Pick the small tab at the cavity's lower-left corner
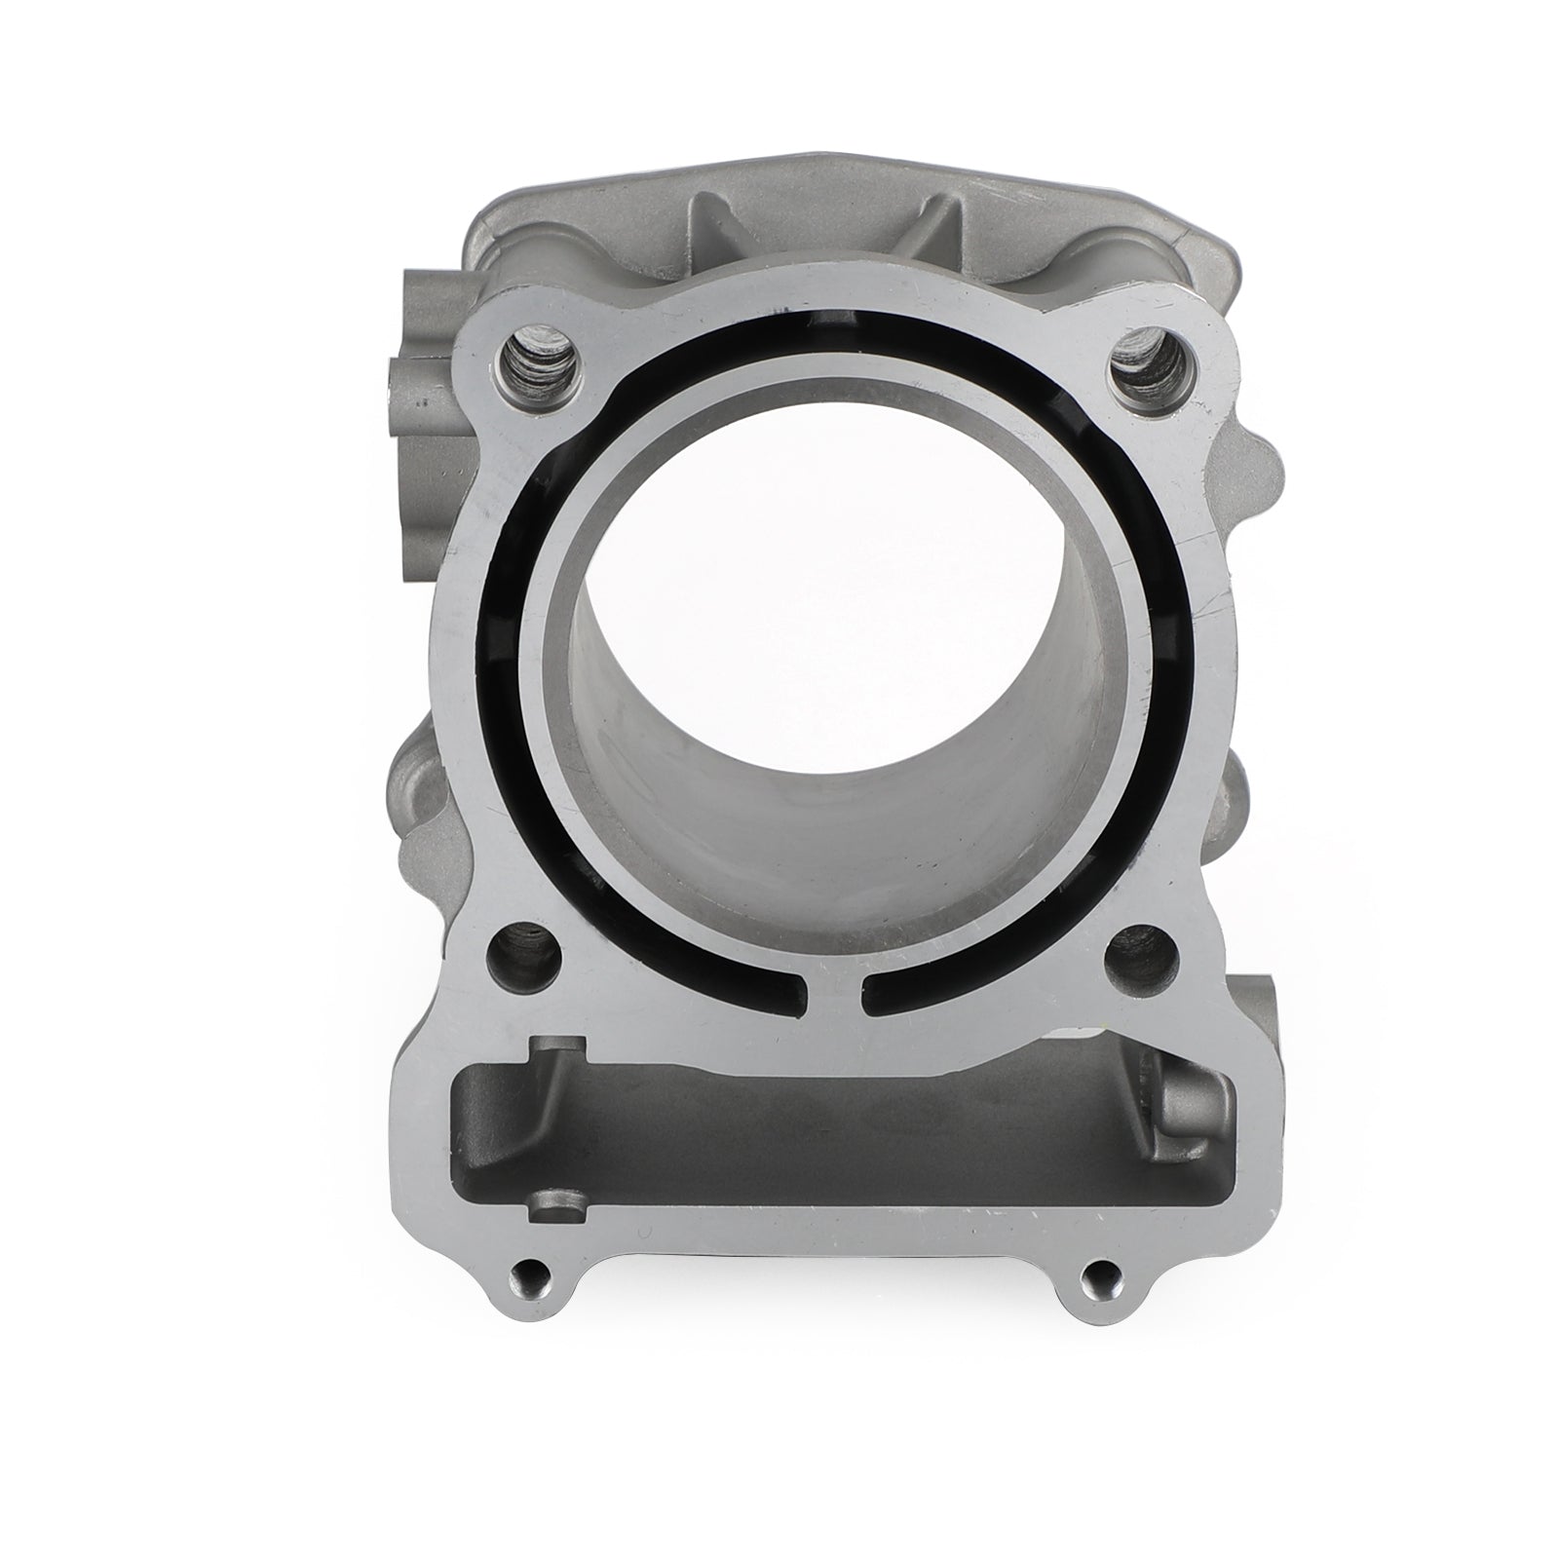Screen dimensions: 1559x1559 tap(551, 1205)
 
